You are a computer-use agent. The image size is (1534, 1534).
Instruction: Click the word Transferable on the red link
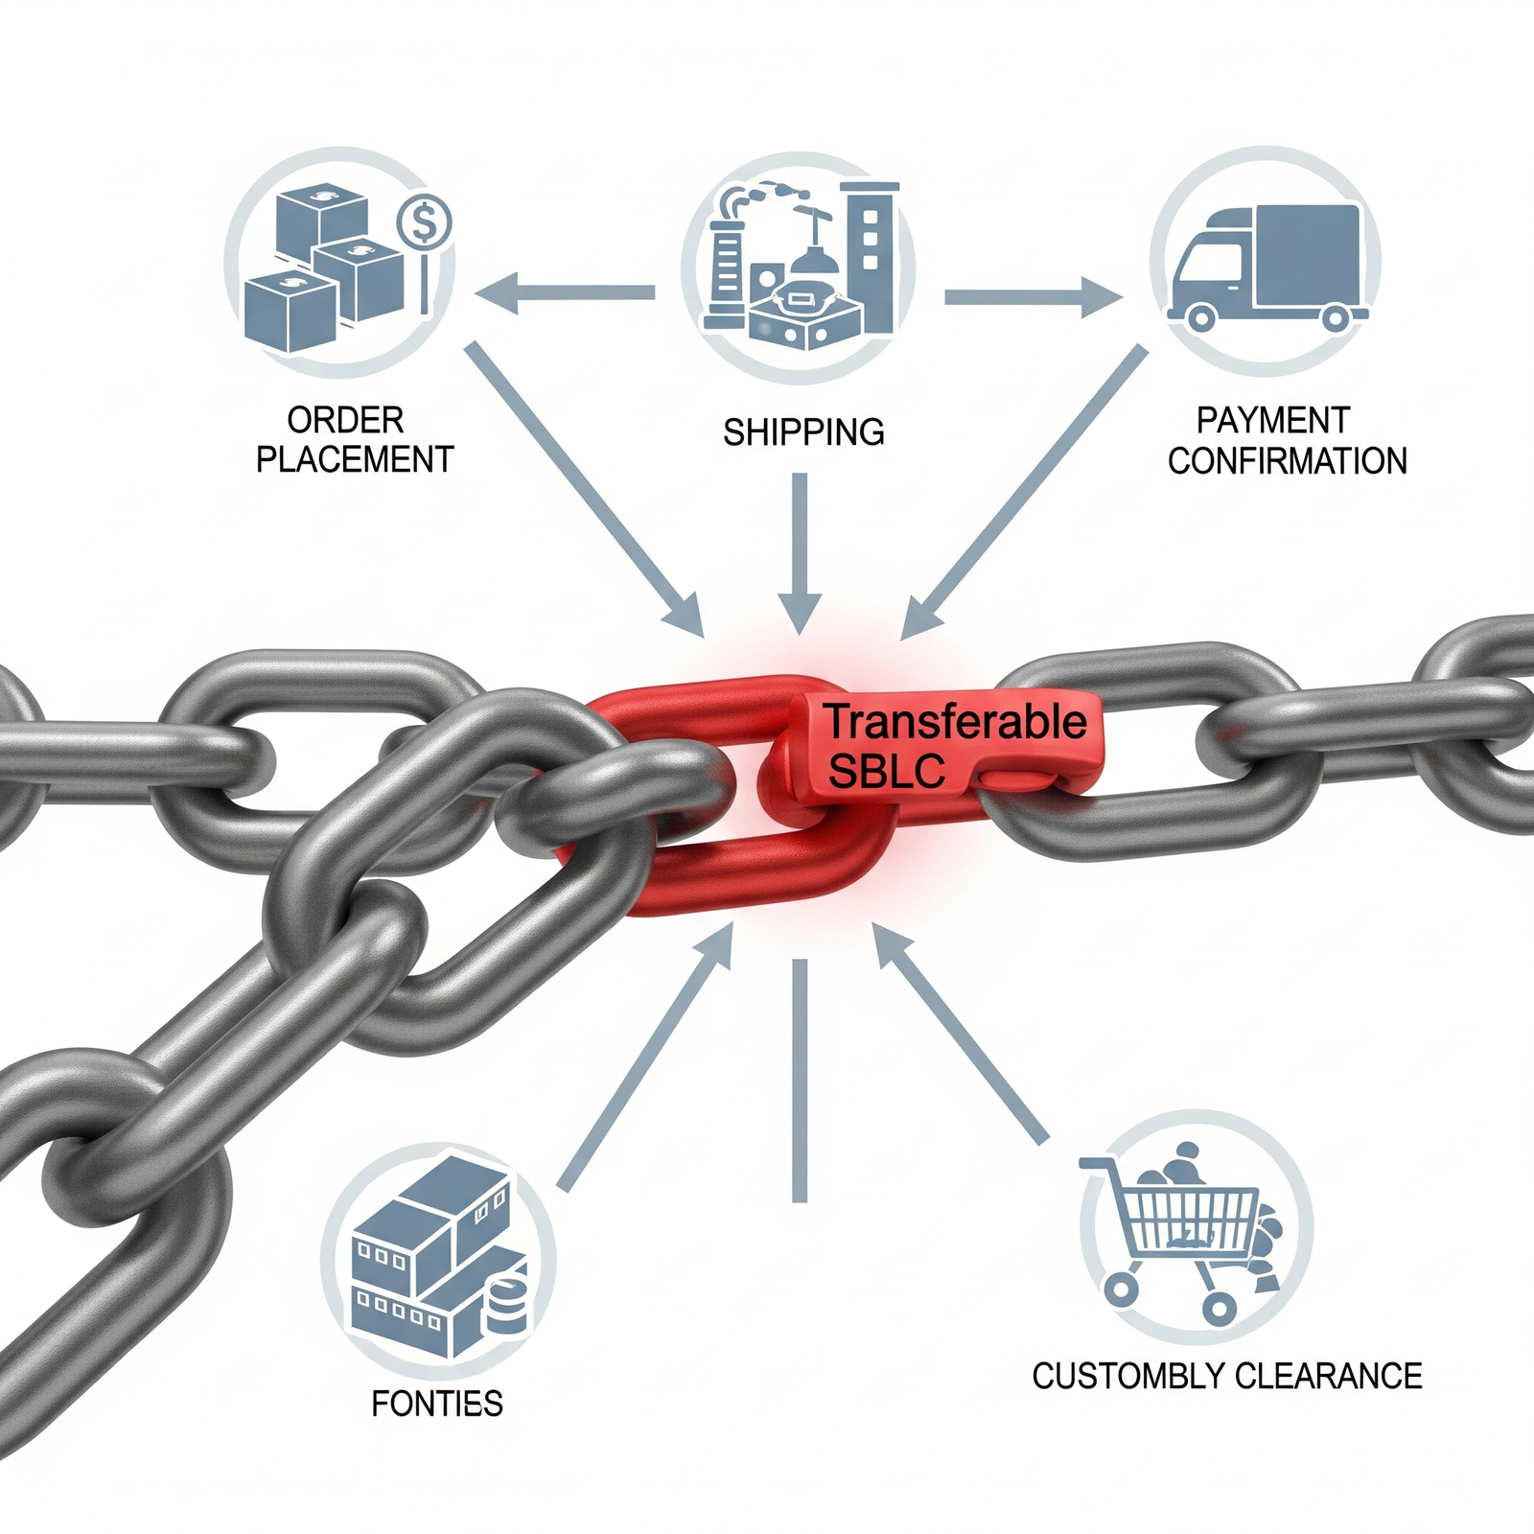point(956,722)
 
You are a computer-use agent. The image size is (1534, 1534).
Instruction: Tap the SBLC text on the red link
point(886,771)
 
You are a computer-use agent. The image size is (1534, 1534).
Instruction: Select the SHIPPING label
point(803,432)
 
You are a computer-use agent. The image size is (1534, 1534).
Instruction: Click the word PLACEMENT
point(355,460)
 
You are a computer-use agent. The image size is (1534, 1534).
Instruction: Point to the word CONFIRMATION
point(1287,461)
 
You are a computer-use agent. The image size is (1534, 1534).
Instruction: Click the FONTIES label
point(437,1404)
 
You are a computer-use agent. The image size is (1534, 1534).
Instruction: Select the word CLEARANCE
point(1328,1377)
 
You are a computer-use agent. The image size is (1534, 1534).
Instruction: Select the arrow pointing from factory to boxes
point(566,292)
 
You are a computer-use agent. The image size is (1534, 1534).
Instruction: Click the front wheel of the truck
point(1200,315)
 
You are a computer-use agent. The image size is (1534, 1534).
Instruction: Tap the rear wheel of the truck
point(1335,315)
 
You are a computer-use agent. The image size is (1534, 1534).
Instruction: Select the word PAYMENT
point(1273,420)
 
